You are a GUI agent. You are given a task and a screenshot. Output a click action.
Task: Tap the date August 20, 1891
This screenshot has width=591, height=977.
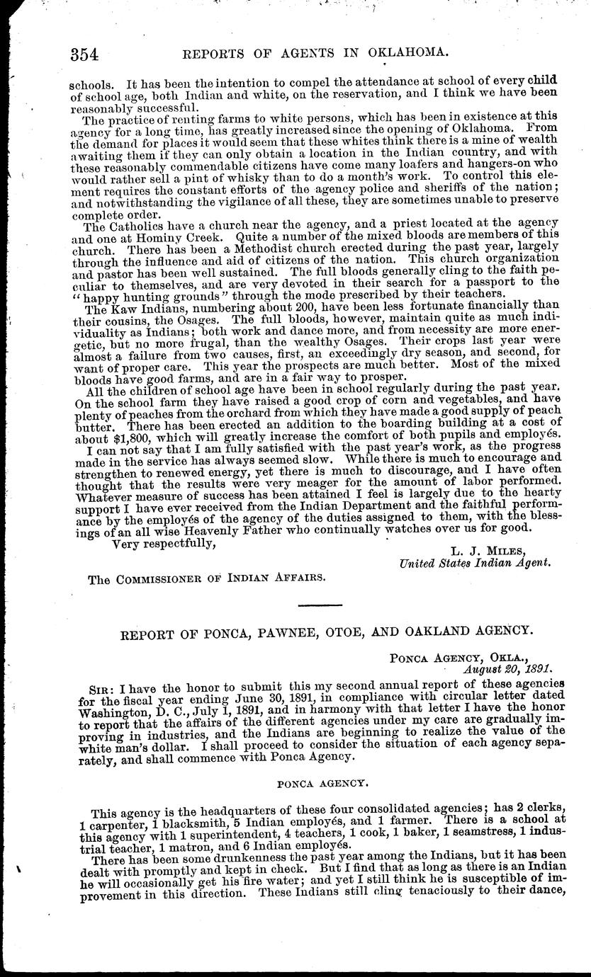click(x=507, y=667)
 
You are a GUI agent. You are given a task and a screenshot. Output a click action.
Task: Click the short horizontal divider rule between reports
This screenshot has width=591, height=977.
click(x=321, y=603)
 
